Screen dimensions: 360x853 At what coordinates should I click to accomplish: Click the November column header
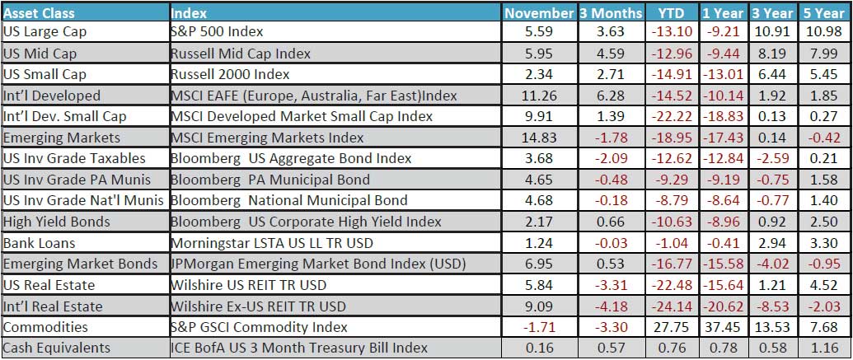[539, 13]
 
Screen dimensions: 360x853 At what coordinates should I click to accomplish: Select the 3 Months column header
[611, 13]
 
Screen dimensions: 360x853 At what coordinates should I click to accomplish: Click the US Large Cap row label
[45, 32]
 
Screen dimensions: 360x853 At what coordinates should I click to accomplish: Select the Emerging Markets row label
[61, 138]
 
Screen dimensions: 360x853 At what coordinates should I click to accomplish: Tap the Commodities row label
[45, 327]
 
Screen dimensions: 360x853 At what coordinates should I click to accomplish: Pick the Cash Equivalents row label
[57, 348]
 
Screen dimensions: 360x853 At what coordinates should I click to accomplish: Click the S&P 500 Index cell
[216, 32]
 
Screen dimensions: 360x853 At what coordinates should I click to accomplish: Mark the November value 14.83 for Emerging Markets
[539, 138]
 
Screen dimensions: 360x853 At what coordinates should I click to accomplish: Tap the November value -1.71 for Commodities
[539, 327]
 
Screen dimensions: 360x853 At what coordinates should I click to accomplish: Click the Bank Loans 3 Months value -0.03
[611, 243]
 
